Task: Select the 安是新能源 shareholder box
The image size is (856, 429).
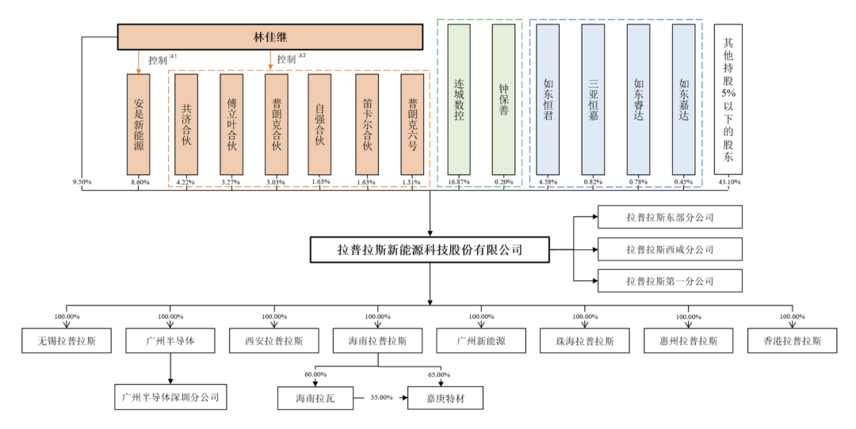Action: click(x=138, y=124)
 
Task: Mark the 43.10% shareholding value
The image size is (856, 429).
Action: click(x=728, y=183)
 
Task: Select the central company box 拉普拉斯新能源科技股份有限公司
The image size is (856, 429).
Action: click(x=430, y=250)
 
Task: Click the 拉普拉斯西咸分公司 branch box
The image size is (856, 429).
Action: click(x=670, y=249)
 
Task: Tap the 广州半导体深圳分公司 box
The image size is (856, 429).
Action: click(x=170, y=397)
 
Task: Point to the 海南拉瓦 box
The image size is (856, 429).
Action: click(x=315, y=397)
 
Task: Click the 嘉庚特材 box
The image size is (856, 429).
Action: click(x=445, y=397)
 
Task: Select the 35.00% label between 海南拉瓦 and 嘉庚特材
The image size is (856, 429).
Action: click(x=381, y=397)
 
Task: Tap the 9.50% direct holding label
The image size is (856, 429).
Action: click(x=82, y=183)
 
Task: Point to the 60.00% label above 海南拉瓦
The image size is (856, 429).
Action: click(x=315, y=374)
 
